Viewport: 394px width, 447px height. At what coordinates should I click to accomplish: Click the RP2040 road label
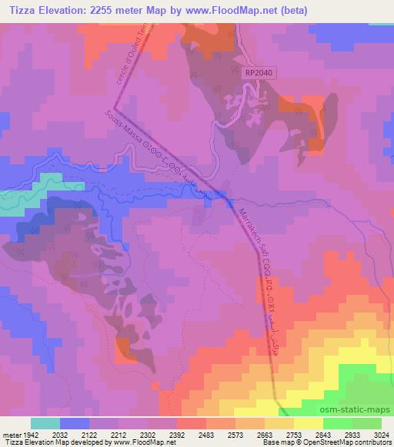point(260,72)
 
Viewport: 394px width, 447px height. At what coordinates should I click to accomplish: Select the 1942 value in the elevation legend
point(32,434)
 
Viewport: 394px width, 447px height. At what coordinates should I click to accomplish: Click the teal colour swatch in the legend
point(46,423)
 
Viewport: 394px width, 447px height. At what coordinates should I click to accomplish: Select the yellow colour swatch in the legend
point(309,423)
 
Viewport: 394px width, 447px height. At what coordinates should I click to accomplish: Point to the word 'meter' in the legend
point(10,434)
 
